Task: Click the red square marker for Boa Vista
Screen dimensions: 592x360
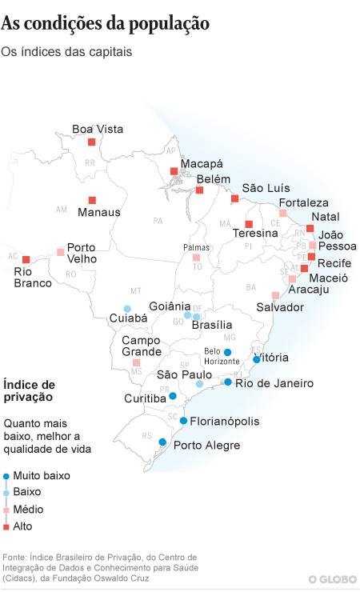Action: click(91, 142)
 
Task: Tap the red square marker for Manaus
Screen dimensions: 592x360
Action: click(92, 200)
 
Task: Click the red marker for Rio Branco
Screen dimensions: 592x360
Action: click(26, 259)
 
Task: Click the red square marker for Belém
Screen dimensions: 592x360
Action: click(200, 190)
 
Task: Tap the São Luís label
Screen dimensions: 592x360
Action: click(266, 187)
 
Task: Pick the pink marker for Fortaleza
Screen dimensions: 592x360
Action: click(283, 214)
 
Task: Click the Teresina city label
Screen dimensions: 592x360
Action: click(255, 234)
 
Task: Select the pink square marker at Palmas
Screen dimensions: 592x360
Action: click(196, 258)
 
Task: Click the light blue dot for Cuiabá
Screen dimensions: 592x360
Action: click(126, 309)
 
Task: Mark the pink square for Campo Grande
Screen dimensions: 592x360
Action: click(136, 362)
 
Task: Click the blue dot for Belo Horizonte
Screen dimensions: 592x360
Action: click(227, 352)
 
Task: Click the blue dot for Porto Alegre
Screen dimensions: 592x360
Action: click(162, 442)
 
